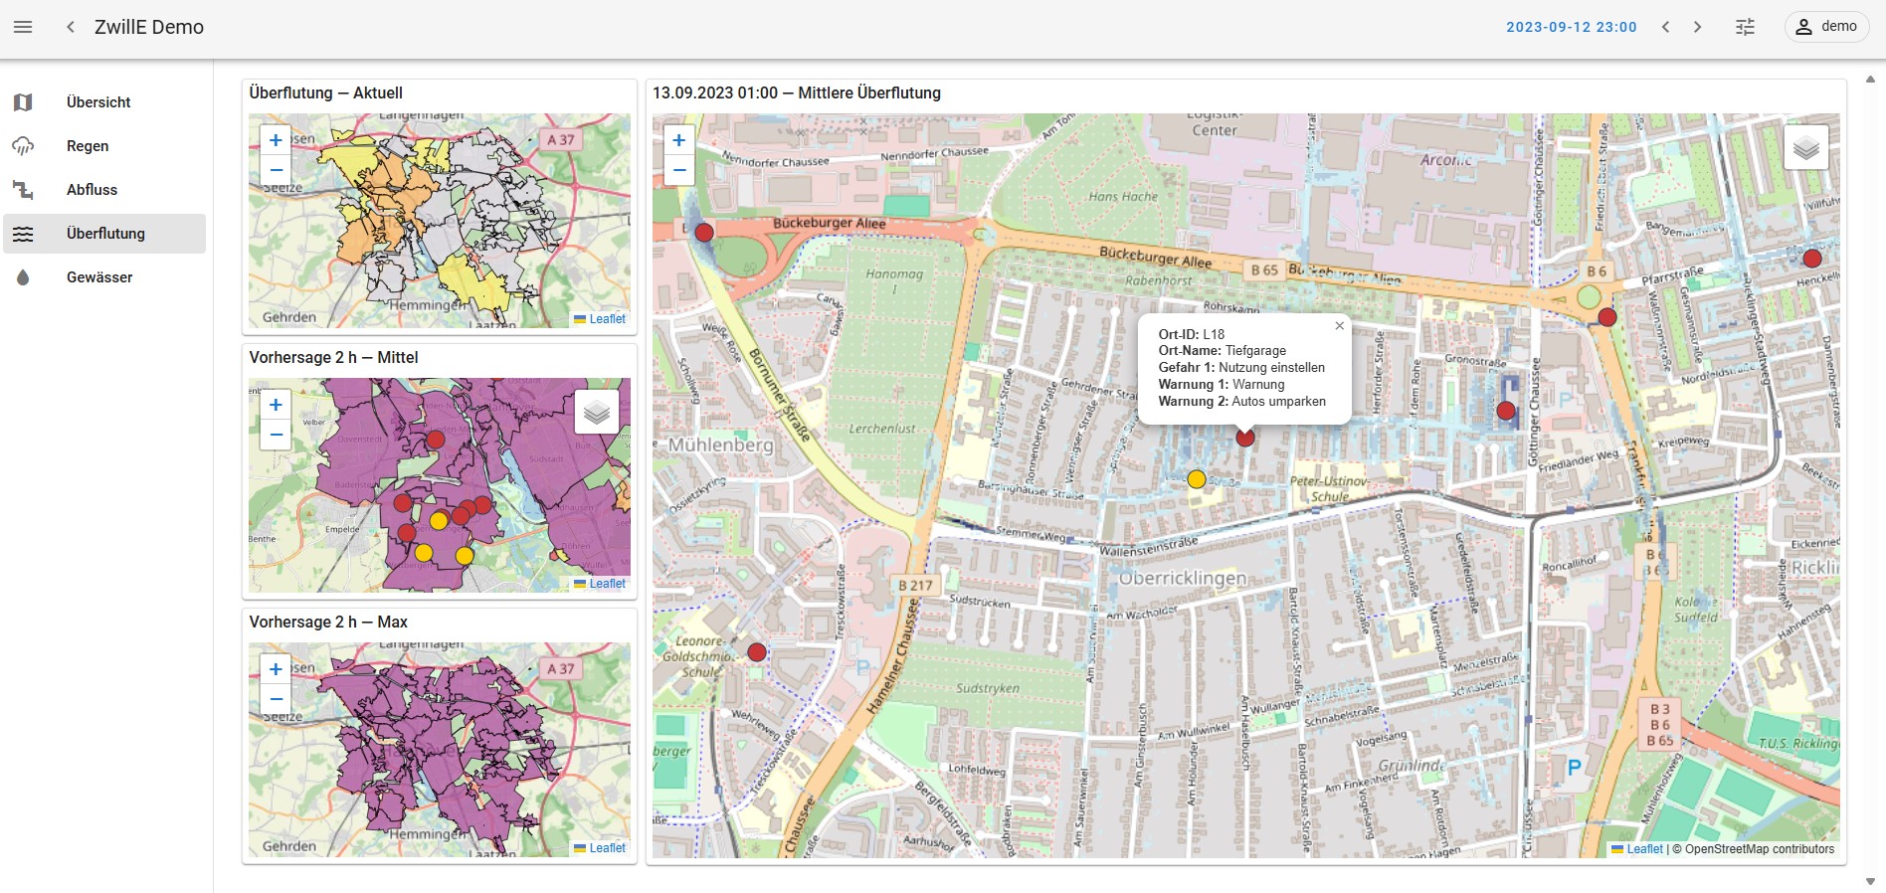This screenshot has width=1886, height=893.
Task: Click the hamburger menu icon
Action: coord(23,27)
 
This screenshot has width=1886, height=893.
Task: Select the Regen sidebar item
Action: coord(88,146)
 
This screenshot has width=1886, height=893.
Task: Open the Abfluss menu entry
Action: coord(92,190)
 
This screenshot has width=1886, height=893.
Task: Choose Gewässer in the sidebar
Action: coord(99,277)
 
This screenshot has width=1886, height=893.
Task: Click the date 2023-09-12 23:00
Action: coord(1571,27)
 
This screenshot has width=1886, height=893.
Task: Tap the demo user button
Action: coord(1826,27)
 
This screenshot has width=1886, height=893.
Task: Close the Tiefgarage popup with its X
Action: coord(1339,326)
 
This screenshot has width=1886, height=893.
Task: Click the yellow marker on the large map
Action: coord(1197,479)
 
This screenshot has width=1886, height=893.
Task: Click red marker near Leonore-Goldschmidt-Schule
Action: coord(757,652)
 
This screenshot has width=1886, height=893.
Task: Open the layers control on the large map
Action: coord(1805,148)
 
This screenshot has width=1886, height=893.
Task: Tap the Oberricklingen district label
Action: coord(1182,578)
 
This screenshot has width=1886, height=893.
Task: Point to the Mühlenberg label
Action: coord(720,445)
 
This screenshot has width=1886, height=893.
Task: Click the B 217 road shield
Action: coord(915,585)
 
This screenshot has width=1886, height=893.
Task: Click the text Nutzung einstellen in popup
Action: coord(1271,368)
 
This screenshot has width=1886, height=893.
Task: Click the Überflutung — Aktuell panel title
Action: coord(326,92)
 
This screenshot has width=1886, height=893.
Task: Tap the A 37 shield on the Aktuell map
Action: coord(561,140)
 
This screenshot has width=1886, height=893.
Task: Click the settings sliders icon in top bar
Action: coord(1745,27)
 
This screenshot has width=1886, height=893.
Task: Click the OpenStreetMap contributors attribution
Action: coord(1759,849)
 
